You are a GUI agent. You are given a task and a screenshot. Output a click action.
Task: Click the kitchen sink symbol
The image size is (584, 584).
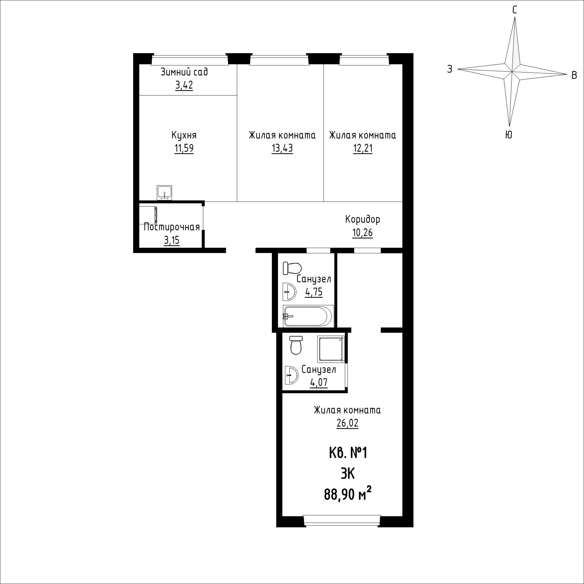(x=164, y=193)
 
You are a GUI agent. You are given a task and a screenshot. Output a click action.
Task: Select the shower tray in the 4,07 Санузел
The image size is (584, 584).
(x=331, y=349)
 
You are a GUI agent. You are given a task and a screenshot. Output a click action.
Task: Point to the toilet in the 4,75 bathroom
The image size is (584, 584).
(x=292, y=268)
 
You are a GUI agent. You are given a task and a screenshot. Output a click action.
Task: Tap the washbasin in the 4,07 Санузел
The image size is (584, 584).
(x=291, y=375)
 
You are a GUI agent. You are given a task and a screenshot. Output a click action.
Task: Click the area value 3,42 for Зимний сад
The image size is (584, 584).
(x=184, y=86)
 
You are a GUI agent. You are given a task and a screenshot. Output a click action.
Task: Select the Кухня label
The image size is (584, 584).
(x=184, y=135)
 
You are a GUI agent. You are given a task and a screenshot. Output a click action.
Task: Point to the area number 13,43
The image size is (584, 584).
(x=282, y=148)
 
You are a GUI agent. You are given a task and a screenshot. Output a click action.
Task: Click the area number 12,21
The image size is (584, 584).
(x=363, y=148)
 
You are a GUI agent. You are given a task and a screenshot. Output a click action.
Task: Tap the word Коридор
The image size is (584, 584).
(x=363, y=219)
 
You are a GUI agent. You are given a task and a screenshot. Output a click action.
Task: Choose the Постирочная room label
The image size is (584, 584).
(x=172, y=227)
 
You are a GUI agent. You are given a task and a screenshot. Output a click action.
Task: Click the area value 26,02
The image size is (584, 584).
(x=347, y=423)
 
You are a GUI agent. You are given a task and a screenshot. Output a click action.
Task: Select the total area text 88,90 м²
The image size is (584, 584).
(x=347, y=495)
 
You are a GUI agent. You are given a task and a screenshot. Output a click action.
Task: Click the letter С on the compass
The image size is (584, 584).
(x=515, y=10)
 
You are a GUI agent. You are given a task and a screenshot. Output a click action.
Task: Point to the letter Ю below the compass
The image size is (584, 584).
(x=509, y=135)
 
